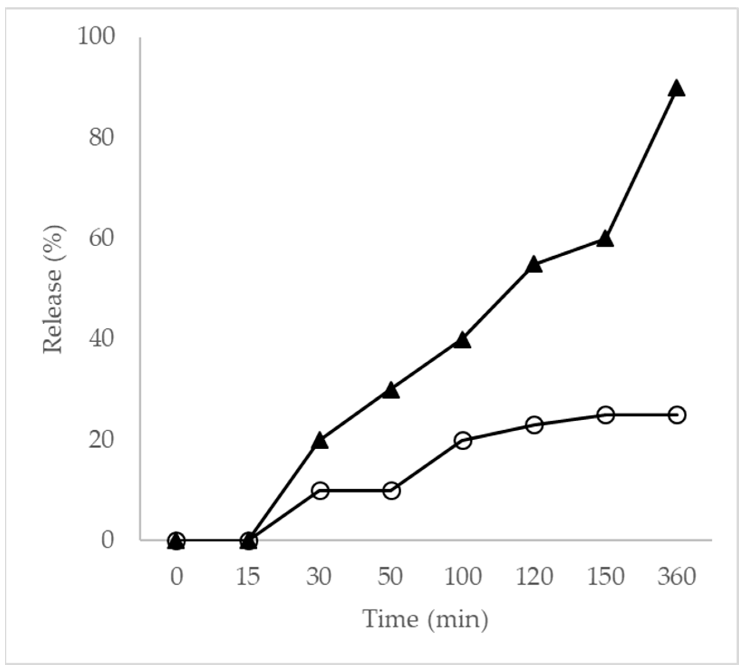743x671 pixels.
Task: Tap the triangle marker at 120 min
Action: (534, 265)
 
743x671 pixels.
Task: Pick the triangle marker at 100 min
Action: (463, 341)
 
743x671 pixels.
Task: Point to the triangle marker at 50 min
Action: (391, 391)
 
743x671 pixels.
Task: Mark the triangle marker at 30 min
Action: (320, 441)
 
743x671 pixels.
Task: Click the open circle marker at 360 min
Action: (677, 415)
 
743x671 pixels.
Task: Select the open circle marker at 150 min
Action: (606, 415)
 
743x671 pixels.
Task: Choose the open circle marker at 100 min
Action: (463, 440)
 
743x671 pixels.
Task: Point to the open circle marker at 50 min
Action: (391, 491)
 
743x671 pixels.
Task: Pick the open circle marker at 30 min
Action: (320, 491)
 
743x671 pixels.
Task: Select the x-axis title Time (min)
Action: (425, 619)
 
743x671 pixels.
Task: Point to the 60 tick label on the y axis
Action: (101, 238)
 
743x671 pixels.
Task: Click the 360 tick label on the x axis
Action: (677, 577)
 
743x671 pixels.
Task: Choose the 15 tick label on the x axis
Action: (248, 577)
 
